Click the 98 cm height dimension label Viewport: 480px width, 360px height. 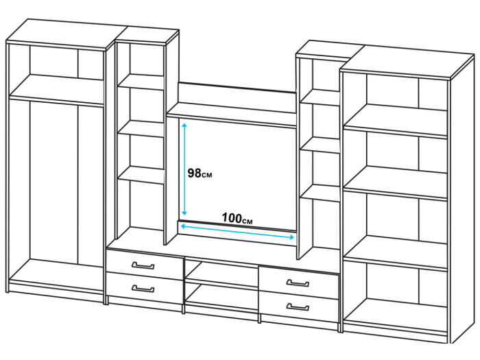200,173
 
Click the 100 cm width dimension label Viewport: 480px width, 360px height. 237,218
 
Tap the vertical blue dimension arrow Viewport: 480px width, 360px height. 184,169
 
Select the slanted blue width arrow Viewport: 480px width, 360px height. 237,232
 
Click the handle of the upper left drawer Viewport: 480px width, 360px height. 143,265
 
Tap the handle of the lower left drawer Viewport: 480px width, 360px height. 143,289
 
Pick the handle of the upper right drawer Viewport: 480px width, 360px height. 298,283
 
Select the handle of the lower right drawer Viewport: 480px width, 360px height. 298,307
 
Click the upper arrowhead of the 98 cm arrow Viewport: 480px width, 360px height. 184,125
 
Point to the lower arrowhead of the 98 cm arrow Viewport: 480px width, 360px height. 184,213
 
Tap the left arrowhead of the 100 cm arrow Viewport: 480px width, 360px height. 183,226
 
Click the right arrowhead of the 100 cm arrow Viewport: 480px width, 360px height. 291,237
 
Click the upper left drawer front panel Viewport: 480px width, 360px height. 145,265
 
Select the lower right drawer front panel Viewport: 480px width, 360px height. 299,307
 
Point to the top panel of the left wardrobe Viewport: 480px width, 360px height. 67,34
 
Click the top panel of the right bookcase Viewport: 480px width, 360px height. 407,62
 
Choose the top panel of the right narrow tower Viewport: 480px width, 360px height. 330,49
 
